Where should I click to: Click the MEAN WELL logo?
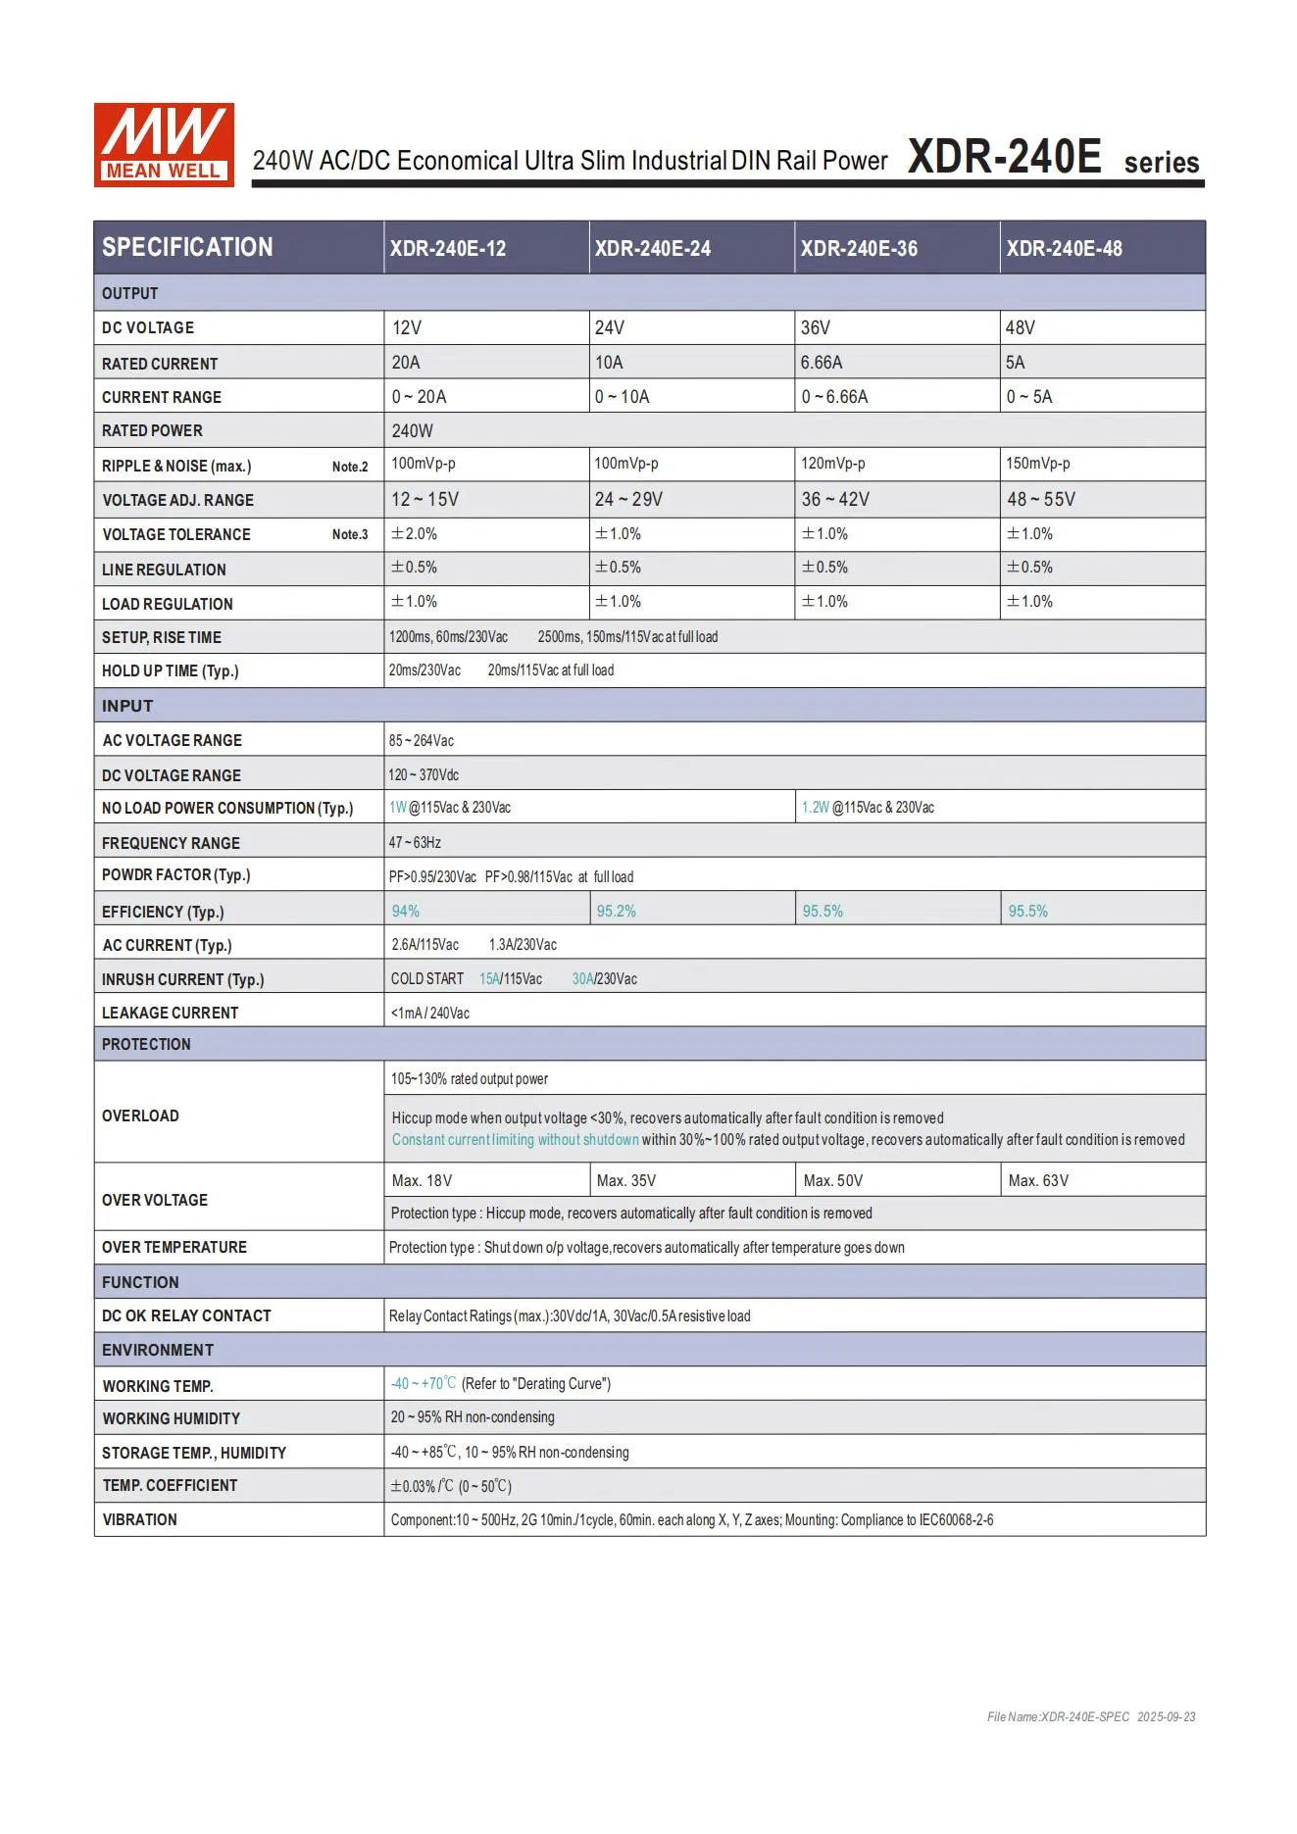coord(164,145)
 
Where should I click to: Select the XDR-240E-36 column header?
coord(859,249)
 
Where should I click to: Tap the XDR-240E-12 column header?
coord(448,249)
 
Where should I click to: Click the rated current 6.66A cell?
coord(822,363)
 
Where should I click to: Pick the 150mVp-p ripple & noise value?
coord(1038,464)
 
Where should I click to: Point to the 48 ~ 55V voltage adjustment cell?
coord(1041,500)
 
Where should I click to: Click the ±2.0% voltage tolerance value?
coord(415,534)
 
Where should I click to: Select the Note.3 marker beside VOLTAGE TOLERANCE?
coord(350,535)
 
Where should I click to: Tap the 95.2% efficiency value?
coord(617,912)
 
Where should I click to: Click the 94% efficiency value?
coord(406,912)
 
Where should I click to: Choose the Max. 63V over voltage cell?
coord(1038,1181)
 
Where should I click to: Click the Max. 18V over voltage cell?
coord(422,1181)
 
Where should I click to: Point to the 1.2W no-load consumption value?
coord(816,808)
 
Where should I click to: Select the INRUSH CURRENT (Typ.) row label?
coord(183,979)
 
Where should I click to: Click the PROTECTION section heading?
coord(146,1045)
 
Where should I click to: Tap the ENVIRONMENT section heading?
coord(158,1351)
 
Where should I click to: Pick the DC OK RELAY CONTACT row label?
coord(186,1316)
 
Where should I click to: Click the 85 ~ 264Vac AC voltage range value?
coord(422,741)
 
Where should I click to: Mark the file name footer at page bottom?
coord(1091,1717)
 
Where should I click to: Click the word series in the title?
coord(1162,163)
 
